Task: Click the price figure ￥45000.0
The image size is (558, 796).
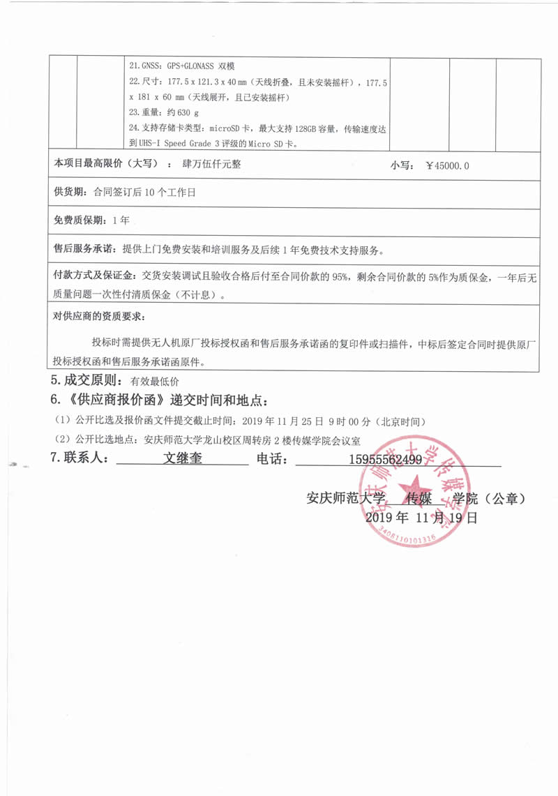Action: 447,166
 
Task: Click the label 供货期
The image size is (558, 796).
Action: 70,193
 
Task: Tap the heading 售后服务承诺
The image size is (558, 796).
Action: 86,249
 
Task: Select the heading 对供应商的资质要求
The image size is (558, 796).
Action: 98,316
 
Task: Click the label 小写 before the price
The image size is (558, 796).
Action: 402,166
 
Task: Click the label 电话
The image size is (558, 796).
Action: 273,459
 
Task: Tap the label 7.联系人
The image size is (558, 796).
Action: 80,458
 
